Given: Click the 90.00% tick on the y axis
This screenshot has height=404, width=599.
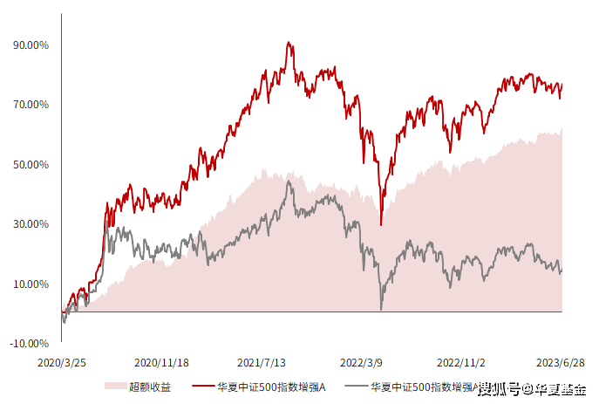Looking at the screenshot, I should point(31,45).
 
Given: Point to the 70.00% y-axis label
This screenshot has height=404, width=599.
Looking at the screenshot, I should point(31,105).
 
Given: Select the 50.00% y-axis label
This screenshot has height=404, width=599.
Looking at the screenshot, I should point(31,164).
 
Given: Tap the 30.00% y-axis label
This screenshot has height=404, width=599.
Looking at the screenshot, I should point(31,224).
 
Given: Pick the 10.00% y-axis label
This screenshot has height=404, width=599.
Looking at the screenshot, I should point(31,284).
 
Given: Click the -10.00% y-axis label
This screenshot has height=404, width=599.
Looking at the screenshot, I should point(29,344).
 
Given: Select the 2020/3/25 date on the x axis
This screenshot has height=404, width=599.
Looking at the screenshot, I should point(62,361).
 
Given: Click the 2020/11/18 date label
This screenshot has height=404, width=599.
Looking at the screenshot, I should point(161,361).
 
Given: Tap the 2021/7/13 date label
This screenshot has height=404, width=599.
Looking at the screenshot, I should point(262,361).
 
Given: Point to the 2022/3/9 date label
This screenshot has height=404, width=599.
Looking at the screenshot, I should point(361,361).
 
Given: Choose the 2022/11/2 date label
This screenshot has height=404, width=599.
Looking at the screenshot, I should point(461,361).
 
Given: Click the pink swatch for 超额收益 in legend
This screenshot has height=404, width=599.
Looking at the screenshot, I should point(113,386).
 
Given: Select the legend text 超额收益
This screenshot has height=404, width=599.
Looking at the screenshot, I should point(149,386).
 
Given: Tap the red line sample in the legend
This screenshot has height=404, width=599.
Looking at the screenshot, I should point(202,386).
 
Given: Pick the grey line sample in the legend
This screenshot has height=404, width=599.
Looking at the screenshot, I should point(355,386).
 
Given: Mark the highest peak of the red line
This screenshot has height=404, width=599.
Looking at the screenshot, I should point(288,42).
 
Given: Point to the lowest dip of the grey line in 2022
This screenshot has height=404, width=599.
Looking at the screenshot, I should point(381,309).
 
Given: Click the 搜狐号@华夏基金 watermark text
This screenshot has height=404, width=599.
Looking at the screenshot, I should point(532,389).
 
